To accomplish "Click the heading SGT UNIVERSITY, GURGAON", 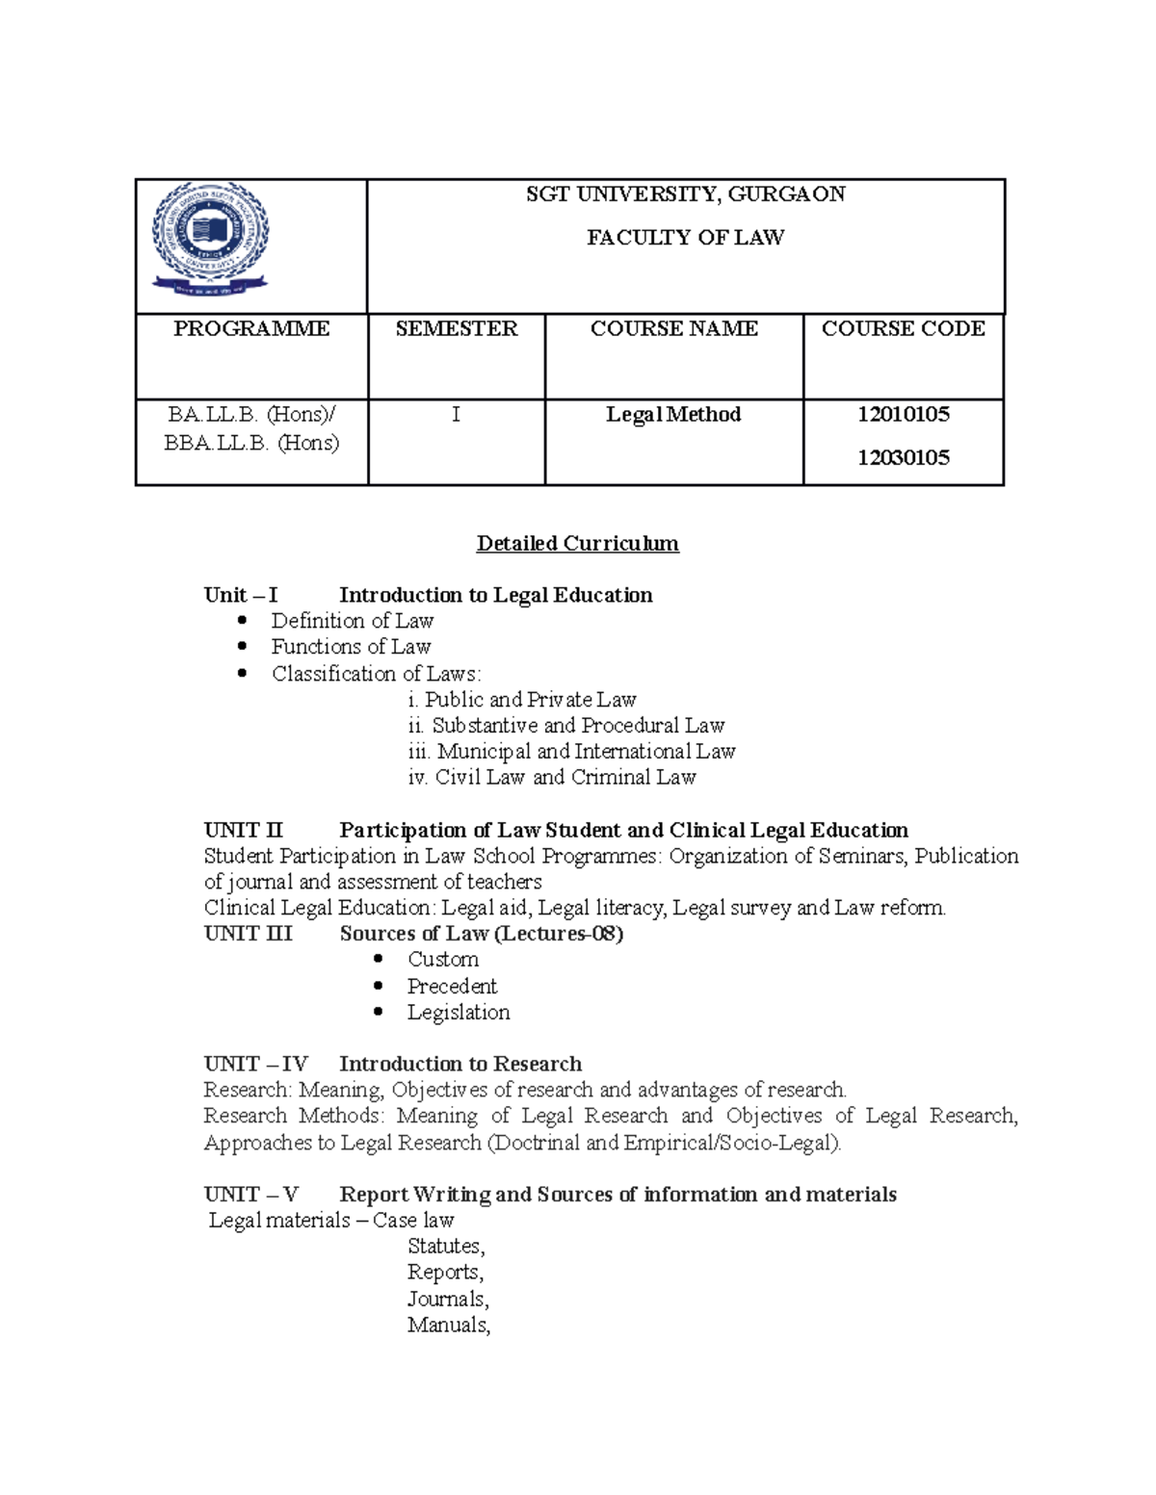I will pyautogui.click(x=685, y=194).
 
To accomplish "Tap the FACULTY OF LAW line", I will pyautogui.click(x=685, y=238).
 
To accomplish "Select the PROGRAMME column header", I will pyautogui.click(x=251, y=329).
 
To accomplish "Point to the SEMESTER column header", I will pyautogui.click(x=457, y=329).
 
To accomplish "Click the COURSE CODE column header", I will pyautogui.click(x=903, y=329).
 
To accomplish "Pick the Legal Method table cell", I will pyautogui.click(x=673, y=415).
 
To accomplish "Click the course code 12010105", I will pyautogui.click(x=904, y=415).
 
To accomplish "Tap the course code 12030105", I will pyautogui.click(x=904, y=458).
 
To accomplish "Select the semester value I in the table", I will pyautogui.click(x=456, y=415).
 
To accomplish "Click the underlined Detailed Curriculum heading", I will pyautogui.click(x=577, y=544).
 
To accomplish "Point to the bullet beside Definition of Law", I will pyautogui.click(x=243, y=621).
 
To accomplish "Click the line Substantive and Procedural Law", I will pyautogui.click(x=577, y=726).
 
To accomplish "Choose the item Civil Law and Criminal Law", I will pyautogui.click(x=565, y=778).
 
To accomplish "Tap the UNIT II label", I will pyautogui.click(x=244, y=831).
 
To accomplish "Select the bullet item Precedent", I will pyautogui.click(x=452, y=987).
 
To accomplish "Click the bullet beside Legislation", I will pyautogui.click(x=379, y=1013).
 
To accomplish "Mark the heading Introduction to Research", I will pyautogui.click(x=460, y=1065).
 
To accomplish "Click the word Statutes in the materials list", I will pyautogui.click(x=445, y=1247).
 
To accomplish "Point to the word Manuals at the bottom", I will pyautogui.click(x=448, y=1326).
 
